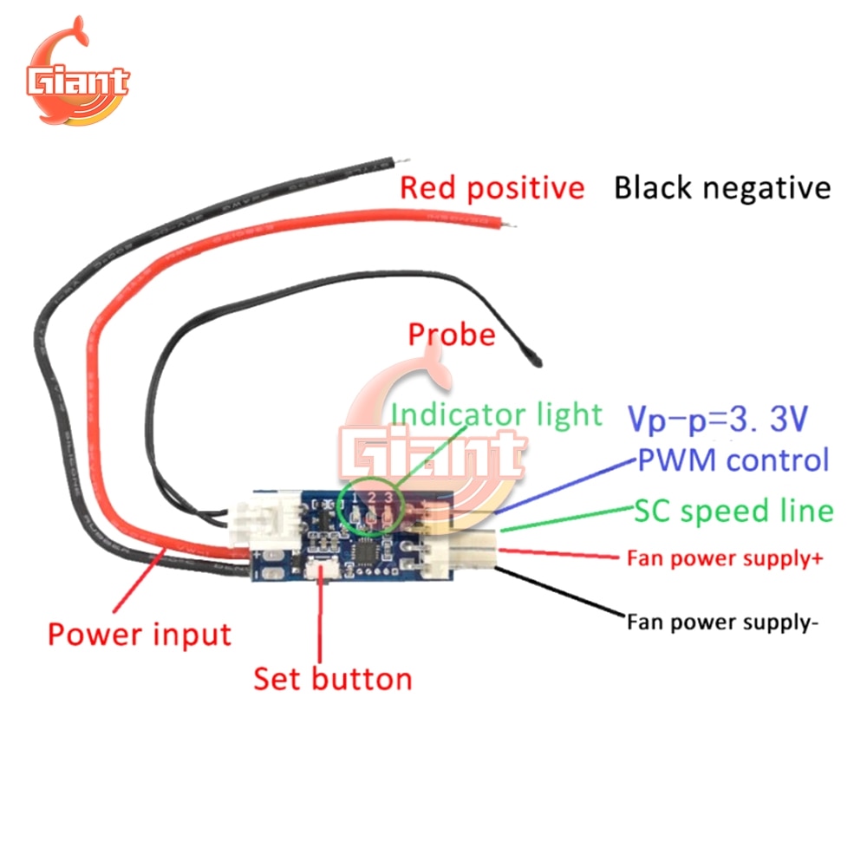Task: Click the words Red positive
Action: click(492, 187)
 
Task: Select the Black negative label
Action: click(722, 187)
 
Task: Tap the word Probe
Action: click(452, 335)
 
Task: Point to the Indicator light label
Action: click(497, 414)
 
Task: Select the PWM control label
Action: click(733, 460)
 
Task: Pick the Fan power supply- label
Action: click(721, 621)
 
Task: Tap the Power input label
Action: click(140, 634)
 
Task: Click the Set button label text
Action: click(333, 678)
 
